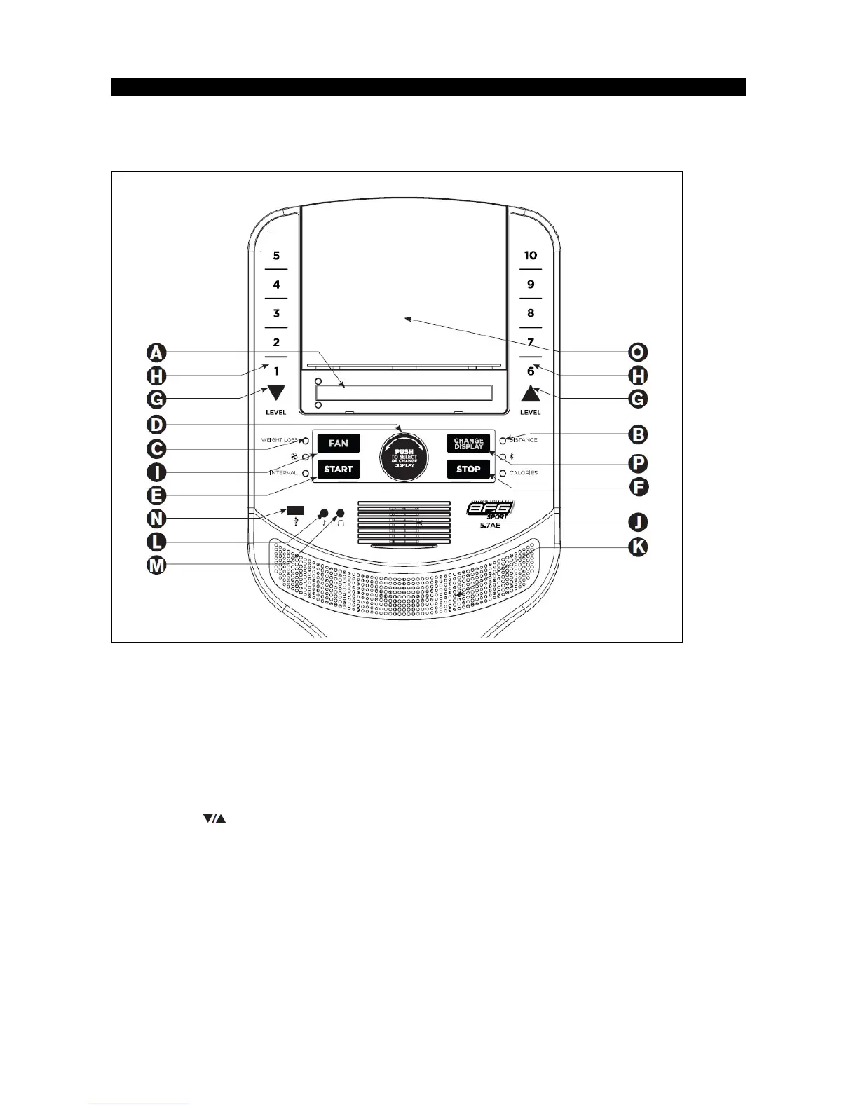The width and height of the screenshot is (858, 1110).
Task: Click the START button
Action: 338,469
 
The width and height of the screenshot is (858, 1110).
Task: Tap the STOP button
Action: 468,469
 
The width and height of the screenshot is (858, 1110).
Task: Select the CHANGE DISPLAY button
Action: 468,444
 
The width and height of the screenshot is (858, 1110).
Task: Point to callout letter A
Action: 156,352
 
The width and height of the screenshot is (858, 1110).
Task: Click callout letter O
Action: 637,352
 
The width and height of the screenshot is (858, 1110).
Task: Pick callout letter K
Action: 637,547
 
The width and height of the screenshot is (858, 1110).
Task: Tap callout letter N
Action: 156,519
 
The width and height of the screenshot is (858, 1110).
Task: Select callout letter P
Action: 637,463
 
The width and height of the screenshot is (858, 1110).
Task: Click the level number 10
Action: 531,256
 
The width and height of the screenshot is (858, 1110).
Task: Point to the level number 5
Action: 276,256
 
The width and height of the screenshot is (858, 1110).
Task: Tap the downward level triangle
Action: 276,392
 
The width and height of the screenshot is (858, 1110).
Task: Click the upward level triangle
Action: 531,394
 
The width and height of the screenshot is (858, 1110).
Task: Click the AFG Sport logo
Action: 490,509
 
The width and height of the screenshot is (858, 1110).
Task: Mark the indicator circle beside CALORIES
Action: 503,474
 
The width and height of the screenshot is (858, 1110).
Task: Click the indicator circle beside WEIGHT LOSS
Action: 306,441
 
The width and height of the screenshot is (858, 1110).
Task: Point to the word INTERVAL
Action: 284,473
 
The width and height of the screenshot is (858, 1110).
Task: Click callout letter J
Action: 637,522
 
